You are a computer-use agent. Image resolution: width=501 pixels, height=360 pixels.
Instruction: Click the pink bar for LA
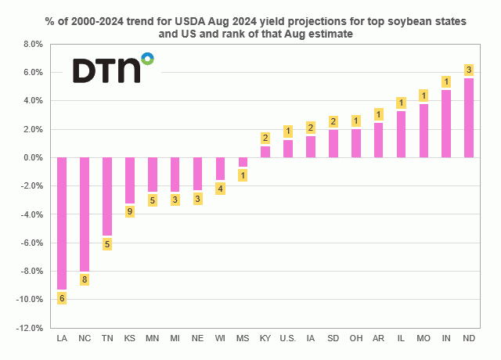(62, 223)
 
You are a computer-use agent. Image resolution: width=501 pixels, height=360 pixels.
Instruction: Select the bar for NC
(85, 214)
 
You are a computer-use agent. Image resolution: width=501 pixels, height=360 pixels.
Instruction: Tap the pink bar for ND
(469, 117)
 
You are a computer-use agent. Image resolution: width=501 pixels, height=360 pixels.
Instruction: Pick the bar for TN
(107, 196)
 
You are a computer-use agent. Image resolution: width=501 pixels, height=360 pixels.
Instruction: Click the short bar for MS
(243, 162)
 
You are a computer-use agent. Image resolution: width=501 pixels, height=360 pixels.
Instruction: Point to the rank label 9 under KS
(130, 211)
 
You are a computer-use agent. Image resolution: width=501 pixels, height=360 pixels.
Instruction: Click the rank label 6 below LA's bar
(62, 297)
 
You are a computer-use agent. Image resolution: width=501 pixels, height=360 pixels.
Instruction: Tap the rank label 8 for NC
(85, 279)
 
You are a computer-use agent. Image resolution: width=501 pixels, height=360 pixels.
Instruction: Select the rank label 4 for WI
(220, 188)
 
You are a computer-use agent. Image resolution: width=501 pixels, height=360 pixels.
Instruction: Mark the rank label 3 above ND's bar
(469, 70)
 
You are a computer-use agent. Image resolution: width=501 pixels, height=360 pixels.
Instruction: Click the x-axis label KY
(265, 338)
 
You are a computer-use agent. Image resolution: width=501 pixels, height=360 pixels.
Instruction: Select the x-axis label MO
(424, 338)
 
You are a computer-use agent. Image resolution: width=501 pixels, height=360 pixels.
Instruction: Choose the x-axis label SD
(333, 338)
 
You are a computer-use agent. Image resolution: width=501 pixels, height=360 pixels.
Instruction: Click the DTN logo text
(106, 70)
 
